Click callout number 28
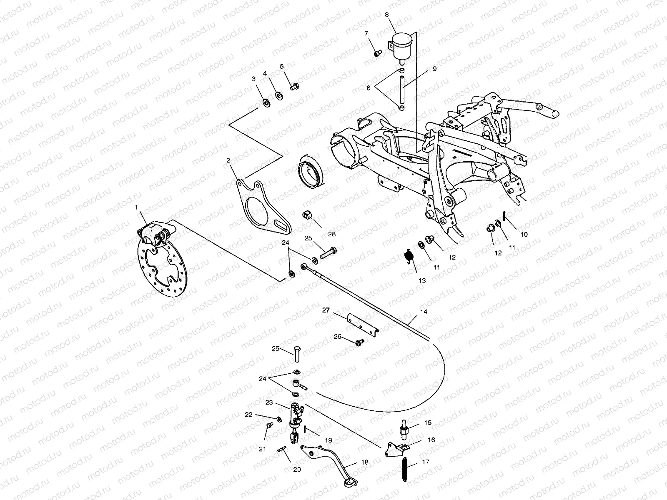pos(331,234)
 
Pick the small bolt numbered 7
pos(378,53)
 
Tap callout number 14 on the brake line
pos(424,312)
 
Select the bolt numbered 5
pos(293,87)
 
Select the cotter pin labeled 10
pos(504,216)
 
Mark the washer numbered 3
pos(265,102)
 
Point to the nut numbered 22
pos(278,418)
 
